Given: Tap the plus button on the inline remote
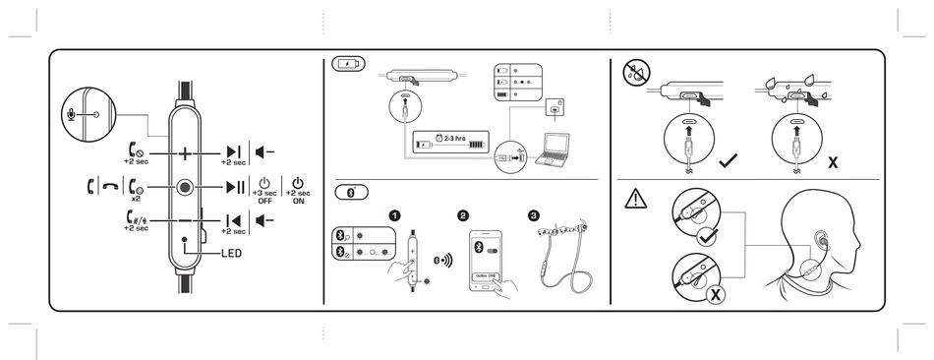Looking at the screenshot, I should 185,153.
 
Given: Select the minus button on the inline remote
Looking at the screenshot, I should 185,220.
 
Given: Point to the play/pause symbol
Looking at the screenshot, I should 236,187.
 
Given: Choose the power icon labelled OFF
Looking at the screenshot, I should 264,184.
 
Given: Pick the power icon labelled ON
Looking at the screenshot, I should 298,184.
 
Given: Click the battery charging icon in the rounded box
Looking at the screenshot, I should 348,65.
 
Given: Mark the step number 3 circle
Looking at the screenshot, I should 534,215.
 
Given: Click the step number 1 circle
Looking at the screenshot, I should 393,215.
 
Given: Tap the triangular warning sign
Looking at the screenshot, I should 635,199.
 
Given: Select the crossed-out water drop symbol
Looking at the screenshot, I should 634,71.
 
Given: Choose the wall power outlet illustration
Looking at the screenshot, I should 561,105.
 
